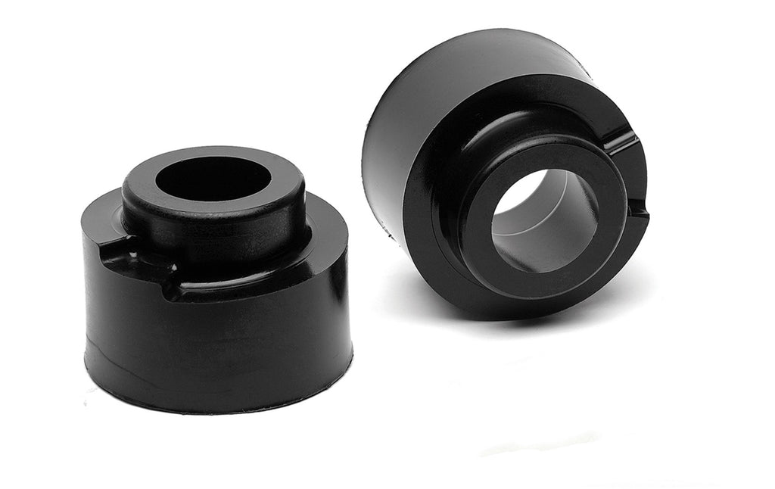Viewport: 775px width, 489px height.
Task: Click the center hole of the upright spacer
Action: (x=213, y=179)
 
